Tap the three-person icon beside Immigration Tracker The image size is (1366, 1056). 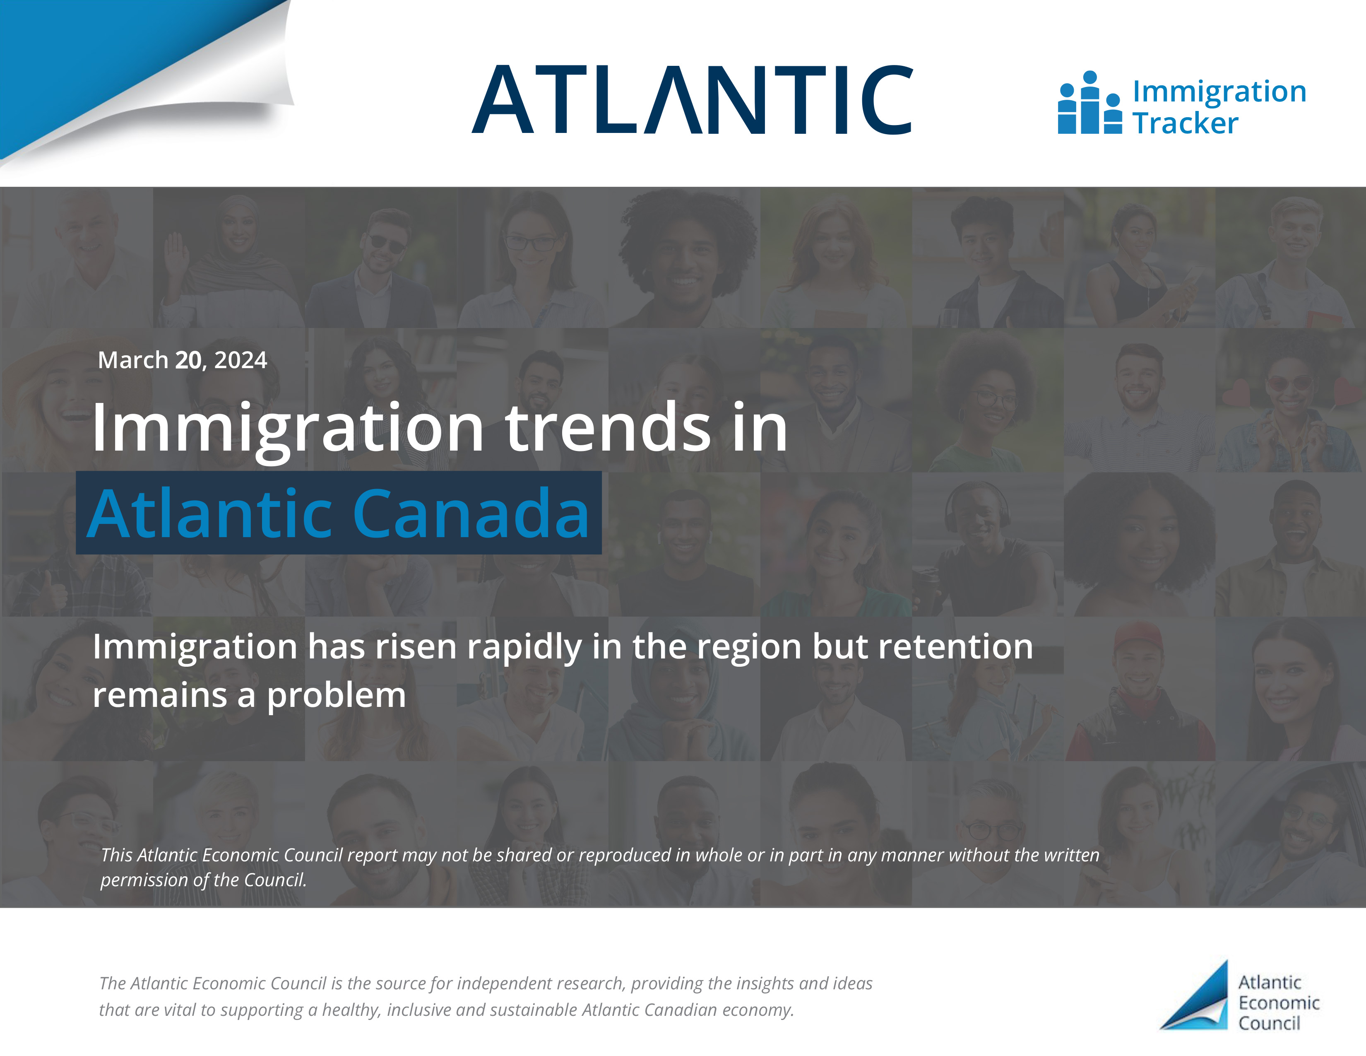coord(1089,103)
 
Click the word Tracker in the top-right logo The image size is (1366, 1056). coord(1185,123)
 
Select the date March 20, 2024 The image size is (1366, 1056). coord(183,360)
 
